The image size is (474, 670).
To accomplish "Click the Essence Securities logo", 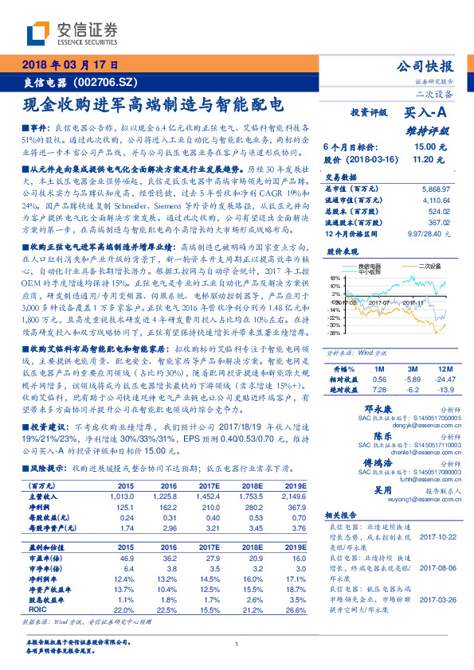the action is pos(72,34).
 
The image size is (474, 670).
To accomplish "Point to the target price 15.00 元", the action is pos(423,147).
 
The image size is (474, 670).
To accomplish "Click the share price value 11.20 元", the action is pos(423,159).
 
